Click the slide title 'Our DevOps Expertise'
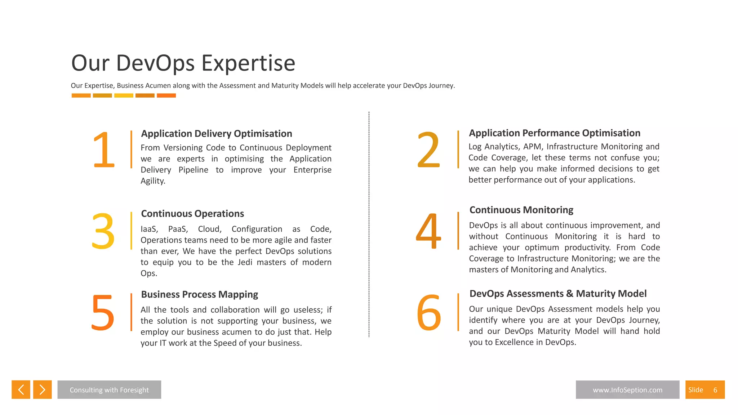(x=183, y=63)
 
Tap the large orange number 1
(x=103, y=150)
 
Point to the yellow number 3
(x=103, y=231)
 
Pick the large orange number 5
(x=103, y=312)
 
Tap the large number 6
(x=429, y=312)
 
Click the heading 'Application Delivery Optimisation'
(x=217, y=134)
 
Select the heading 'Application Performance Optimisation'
(x=555, y=133)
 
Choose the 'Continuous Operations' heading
(x=192, y=214)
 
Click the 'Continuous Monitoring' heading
(x=521, y=210)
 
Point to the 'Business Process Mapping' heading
(x=199, y=295)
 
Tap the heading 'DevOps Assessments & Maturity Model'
(x=558, y=294)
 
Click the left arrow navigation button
(x=21, y=389)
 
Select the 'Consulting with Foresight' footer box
(x=109, y=390)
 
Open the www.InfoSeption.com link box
(x=627, y=390)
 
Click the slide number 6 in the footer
(x=715, y=390)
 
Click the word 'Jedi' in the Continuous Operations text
(x=245, y=262)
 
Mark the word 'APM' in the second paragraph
(x=532, y=147)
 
